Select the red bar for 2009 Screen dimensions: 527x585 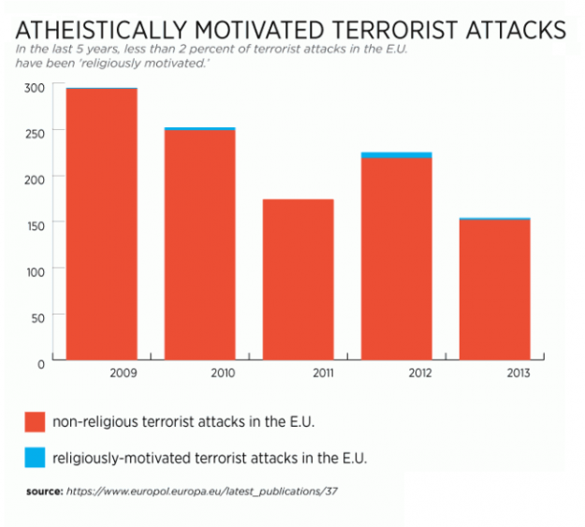tap(102, 225)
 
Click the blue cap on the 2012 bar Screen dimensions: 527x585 tap(396, 154)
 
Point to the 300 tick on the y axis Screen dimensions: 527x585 tap(35, 88)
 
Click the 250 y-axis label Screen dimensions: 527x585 tap(35, 133)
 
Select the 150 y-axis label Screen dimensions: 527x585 tap(35, 223)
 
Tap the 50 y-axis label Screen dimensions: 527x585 tap(37, 317)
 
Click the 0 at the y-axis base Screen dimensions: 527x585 tap(41, 362)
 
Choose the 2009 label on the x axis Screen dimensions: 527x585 tap(123, 373)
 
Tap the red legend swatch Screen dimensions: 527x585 tap(35, 422)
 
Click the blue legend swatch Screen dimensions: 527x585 tap(35, 458)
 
